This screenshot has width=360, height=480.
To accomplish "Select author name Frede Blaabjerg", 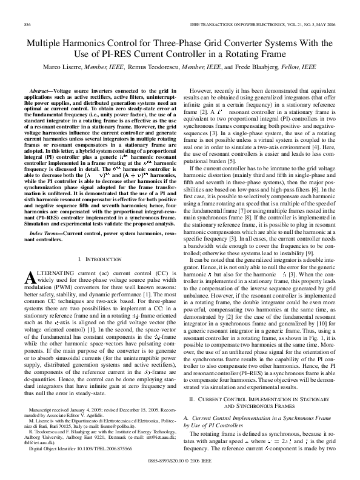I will [271, 66].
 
